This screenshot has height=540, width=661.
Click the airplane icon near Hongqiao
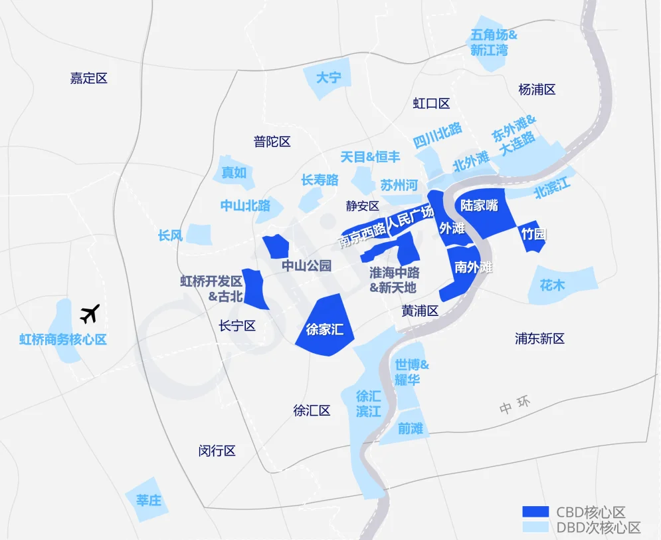(89, 313)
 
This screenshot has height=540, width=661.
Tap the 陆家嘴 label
(479, 205)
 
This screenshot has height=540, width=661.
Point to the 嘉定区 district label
(88, 78)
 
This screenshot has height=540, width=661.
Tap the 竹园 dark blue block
(533, 235)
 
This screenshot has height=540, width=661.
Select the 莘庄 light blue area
(148, 499)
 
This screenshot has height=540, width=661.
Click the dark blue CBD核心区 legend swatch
(535, 512)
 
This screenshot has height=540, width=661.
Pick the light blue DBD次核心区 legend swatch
(535, 528)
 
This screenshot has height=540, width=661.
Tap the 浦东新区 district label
(539, 338)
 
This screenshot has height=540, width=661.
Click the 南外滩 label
(474, 267)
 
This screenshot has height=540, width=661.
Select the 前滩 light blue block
(411, 428)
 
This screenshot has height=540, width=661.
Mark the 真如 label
(234, 172)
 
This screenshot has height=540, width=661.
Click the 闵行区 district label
(217, 451)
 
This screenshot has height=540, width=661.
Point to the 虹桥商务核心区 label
(63, 340)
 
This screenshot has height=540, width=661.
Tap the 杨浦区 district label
(537, 90)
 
